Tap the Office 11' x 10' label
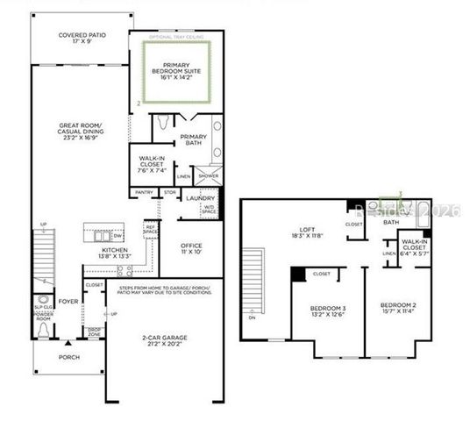pyautogui.click(x=191, y=249)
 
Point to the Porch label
pyautogui.click(x=68, y=356)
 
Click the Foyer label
pyautogui.click(x=70, y=298)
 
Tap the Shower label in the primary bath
pyautogui.click(x=209, y=175)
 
